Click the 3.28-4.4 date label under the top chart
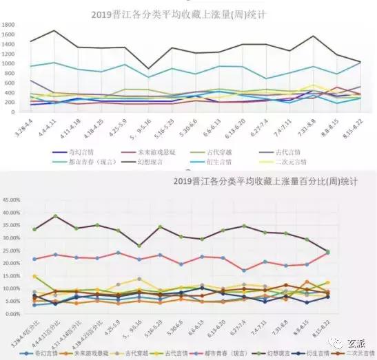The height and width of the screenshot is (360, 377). point(27,125)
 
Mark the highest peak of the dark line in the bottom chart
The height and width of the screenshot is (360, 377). point(55,215)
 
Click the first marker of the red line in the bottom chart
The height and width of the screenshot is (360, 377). point(34,259)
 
